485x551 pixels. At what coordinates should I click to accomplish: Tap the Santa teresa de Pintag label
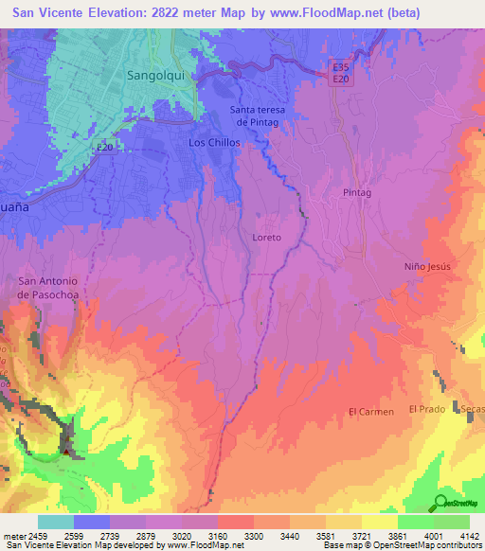coord(256,116)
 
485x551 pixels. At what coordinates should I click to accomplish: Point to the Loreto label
coord(267,237)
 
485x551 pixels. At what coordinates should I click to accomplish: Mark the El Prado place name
coord(426,408)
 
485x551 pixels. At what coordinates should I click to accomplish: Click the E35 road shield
coord(341,67)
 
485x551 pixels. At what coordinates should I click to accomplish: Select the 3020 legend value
coord(184,535)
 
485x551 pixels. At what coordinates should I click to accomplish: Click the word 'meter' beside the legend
coord(13,535)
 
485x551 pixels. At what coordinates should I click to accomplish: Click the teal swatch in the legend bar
coord(56,522)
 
